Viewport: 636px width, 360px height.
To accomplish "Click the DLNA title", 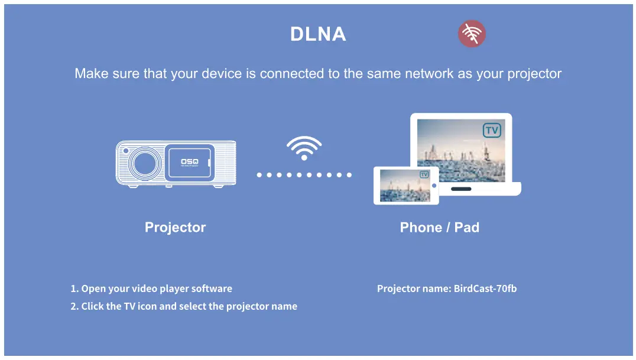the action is [x=318, y=34].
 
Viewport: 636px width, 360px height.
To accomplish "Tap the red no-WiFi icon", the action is [x=472, y=34].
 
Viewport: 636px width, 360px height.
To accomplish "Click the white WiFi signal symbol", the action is [x=304, y=148].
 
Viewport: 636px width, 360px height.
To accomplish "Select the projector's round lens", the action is [x=145, y=164].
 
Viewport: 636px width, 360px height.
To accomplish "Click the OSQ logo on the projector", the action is [x=189, y=161].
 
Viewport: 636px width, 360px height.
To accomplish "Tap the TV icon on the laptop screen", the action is [x=492, y=130].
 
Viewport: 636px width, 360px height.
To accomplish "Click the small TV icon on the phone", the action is [x=424, y=174].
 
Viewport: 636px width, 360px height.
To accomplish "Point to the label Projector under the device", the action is [x=175, y=227].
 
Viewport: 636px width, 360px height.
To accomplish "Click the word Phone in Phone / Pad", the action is [x=421, y=227].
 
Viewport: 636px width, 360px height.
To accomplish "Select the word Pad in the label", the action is [x=467, y=227].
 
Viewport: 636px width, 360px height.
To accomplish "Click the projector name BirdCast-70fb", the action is [x=485, y=288].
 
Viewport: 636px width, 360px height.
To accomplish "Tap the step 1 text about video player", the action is [x=151, y=288].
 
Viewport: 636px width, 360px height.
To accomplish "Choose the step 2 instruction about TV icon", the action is [x=184, y=306].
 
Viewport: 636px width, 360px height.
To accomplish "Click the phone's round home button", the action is [x=434, y=186].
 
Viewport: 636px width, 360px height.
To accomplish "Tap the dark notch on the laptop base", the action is [x=461, y=189].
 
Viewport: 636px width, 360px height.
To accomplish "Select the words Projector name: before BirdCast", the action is [x=414, y=288].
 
